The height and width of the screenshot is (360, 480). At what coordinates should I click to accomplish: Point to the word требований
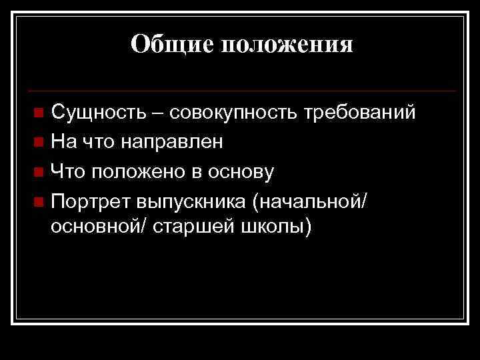click(360, 113)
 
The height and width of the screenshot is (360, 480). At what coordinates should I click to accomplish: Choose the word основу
click(240, 172)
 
